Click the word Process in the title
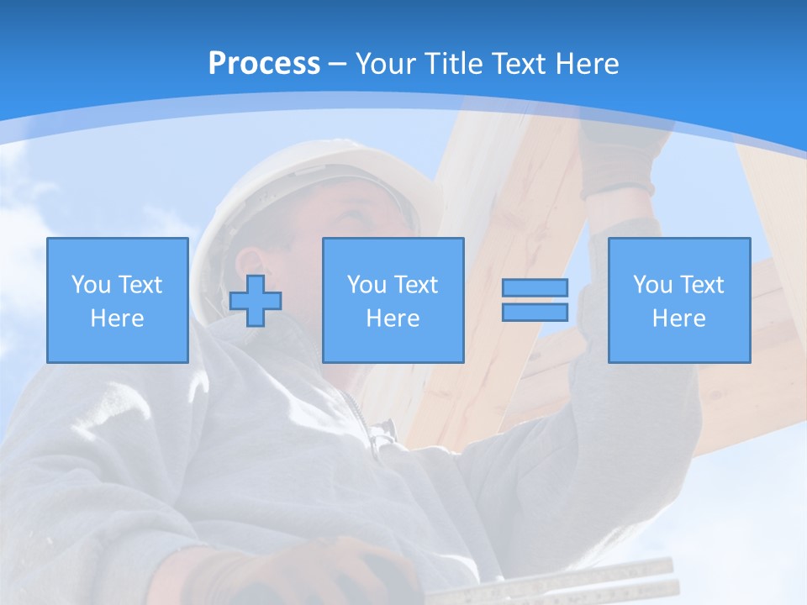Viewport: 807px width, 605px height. click(x=264, y=64)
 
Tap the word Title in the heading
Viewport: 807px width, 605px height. click(x=453, y=64)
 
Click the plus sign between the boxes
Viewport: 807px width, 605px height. click(x=256, y=300)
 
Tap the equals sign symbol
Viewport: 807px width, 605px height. click(x=535, y=300)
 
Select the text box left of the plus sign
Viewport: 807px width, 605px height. click(x=118, y=300)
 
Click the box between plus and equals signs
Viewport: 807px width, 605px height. click(x=393, y=300)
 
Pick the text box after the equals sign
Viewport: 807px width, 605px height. click(x=679, y=300)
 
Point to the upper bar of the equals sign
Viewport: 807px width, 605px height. click(x=535, y=288)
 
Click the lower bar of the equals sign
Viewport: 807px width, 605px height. click(x=535, y=312)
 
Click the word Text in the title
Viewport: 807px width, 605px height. click(x=517, y=64)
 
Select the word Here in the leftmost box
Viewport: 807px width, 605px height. click(x=118, y=318)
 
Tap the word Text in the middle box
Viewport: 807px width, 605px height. click(x=418, y=285)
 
